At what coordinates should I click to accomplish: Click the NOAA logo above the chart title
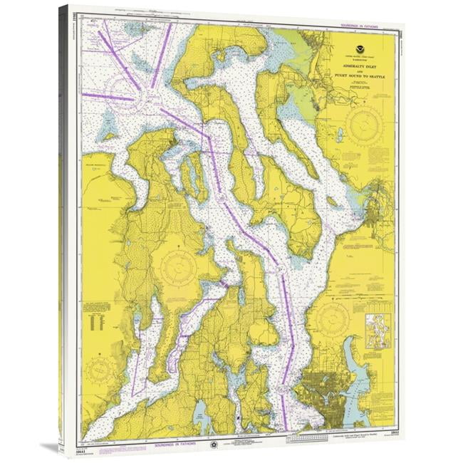coord(358,50)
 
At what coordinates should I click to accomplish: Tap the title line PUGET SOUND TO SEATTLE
coord(358,75)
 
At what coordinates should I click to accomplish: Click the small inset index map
coord(378,331)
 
